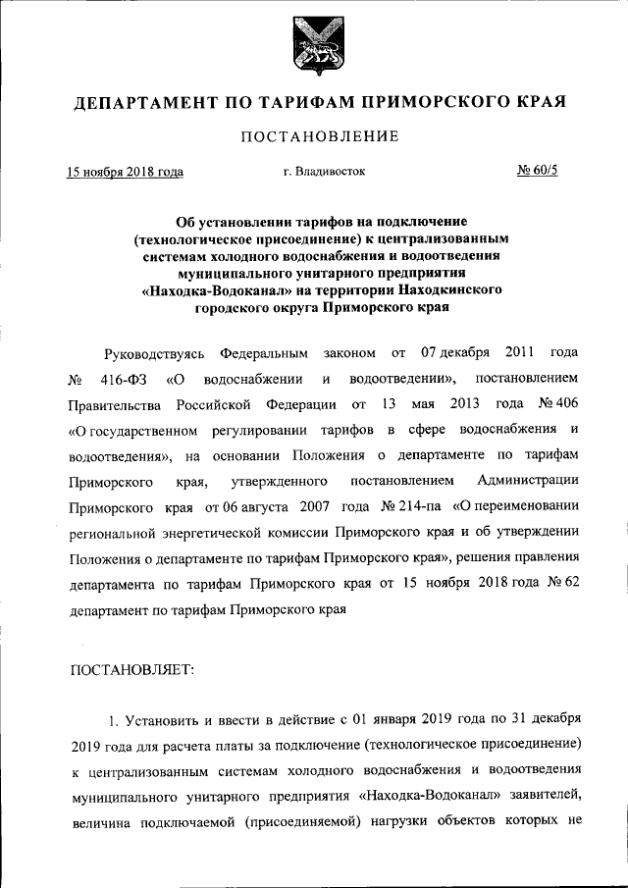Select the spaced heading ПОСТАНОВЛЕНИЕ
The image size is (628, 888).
(x=319, y=136)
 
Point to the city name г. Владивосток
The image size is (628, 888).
(x=324, y=172)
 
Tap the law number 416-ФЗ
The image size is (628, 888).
(x=123, y=379)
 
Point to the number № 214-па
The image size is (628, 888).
(x=410, y=506)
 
